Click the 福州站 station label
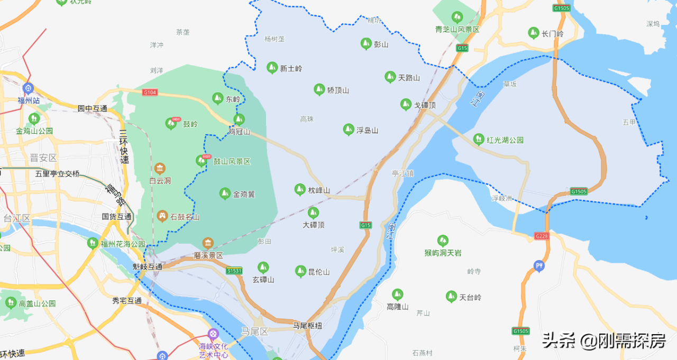29,100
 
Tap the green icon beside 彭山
365,43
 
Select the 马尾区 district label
255,331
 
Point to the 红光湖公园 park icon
479,139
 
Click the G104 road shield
150,92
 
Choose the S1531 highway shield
234,271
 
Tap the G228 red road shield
541,236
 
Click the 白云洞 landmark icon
160,169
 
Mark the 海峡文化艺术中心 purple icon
213,334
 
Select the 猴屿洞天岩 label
443,253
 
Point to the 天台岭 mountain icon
451,297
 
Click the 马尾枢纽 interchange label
307,326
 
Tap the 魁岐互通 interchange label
148,266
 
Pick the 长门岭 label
553,34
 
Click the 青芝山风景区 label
457,30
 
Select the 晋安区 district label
43,158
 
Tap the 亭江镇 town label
402,173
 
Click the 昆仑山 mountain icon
300,271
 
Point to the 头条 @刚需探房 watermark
603,341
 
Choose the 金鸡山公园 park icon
34,118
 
